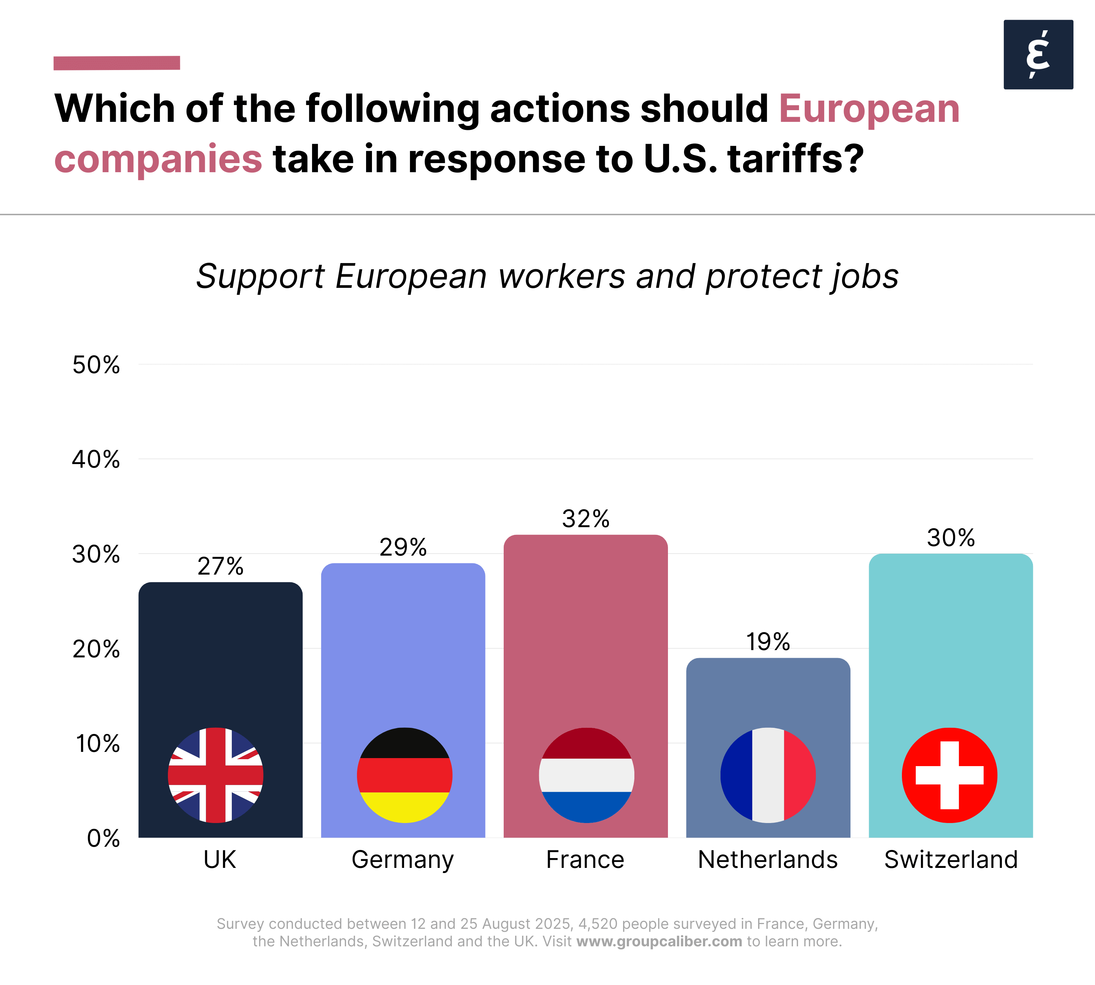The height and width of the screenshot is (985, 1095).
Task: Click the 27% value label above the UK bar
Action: click(x=220, y=566)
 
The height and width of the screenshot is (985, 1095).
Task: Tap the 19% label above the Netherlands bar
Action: click(x=768, y=641)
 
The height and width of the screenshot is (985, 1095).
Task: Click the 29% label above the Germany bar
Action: click(x=403, y=547)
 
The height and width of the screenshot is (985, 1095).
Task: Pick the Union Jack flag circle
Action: click(x=216, y=775)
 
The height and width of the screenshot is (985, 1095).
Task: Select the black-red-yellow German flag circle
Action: click(x=404, y=775)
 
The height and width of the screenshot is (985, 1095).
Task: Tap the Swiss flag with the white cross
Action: click(x=949, y=775)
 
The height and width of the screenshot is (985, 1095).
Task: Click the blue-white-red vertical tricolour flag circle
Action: click(x=768, y=775)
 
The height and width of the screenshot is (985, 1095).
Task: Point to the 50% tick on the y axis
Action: click(x=96, y=365)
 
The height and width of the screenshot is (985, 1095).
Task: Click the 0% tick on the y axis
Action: click(x=103, y=838)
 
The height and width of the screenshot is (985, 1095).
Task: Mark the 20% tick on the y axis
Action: click(x=96, y=649)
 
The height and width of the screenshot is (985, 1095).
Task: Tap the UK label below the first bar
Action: click(x=220, y=860)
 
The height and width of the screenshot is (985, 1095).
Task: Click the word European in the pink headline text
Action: click(x=869, y=109)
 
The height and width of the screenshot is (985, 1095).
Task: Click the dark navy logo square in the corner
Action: click(x=1038, y=55)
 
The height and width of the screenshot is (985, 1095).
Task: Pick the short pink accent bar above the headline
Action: click(x=116, y=63)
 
